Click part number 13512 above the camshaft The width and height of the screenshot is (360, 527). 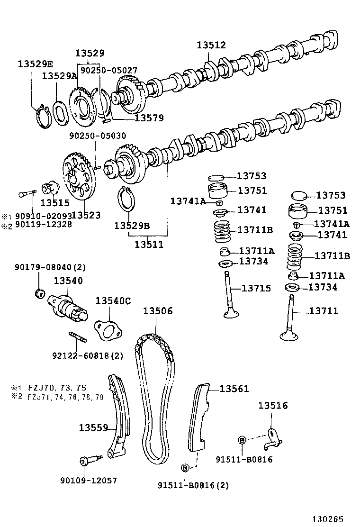(x=212, y=45)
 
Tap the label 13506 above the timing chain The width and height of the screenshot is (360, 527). (x=158, y=311)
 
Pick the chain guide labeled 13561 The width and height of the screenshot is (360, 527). (x=199, y=417)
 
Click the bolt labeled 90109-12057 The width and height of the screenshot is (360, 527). (x=89, y=459)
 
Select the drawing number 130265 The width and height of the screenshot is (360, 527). (x=327, y=519)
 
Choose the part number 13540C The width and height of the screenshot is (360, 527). (x=114, y=300)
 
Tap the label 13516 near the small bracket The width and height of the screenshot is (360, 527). (x=273, y=406)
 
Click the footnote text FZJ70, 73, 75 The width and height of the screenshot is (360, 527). (x=57, y=388)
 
